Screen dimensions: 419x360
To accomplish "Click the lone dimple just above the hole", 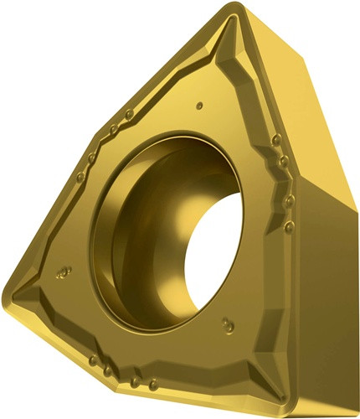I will click(x=200, y=106).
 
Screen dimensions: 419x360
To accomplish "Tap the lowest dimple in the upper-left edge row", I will click(x=79, y=177).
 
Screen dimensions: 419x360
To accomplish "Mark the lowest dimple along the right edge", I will click(x=289, y=227).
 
